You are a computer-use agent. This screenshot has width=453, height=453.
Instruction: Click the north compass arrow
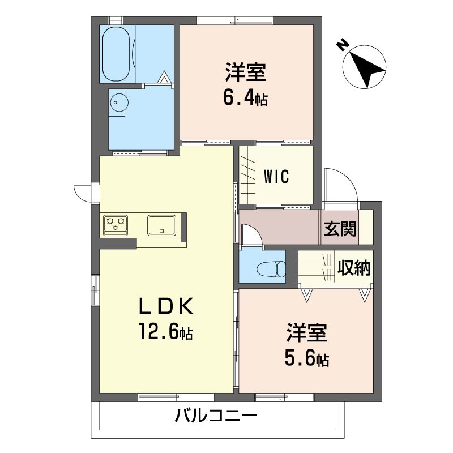(x=365, y=66)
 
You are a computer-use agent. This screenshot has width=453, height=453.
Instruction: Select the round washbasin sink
(x=119, y=102)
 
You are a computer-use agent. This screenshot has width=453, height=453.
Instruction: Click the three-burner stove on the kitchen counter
(x=116, y=224)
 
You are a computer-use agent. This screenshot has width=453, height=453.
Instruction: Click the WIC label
(x=276, y=176)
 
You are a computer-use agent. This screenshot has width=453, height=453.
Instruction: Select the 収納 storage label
(x=354, y=268)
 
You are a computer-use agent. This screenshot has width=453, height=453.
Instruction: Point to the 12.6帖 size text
(x=166, y=331)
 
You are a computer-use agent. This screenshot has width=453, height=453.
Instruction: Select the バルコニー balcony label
(x=216, y=418)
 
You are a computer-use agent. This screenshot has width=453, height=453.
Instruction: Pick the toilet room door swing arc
(x=251, y=234)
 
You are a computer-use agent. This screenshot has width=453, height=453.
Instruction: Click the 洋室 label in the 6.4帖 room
(x=246, y=74)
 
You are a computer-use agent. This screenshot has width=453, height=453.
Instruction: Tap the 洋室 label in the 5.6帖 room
(x=306, y=333)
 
